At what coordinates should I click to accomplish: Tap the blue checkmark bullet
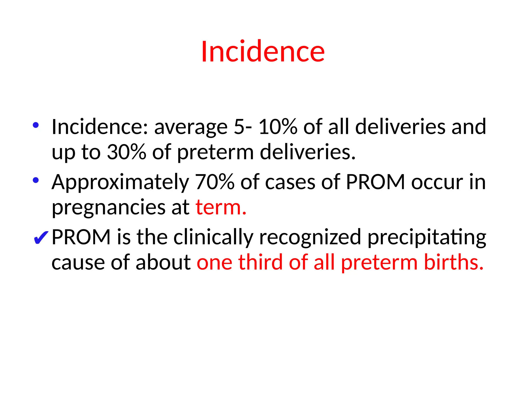pyautogui.click(x=41, y=238)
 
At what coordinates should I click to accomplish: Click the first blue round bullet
pyautogui.click(x=36, y=125)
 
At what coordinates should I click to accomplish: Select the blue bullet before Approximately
pyautogui.click(x=36, y=180)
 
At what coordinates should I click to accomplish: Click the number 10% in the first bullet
pyautogui.click(x=278, y=127)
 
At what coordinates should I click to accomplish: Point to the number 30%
pyautogui.click(x=126, y=152)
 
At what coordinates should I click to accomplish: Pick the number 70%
pyautogui.click(x=215, y=182)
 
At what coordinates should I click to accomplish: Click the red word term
pyautogui.click(x=221, y=207)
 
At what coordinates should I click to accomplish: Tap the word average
pyautogui.click(x=191, y=128)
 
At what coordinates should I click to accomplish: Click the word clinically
pyautogui.click(x=213, y=238)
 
